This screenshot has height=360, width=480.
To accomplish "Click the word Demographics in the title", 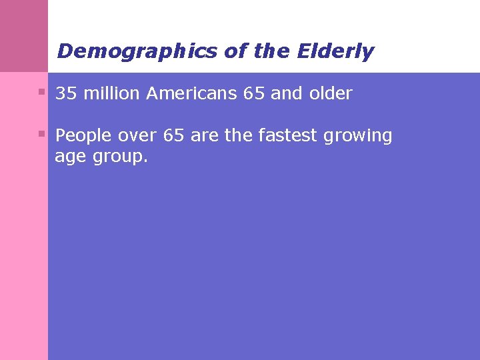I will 137,51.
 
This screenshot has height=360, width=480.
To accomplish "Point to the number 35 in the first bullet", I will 65,94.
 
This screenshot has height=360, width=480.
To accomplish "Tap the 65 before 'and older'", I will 254,94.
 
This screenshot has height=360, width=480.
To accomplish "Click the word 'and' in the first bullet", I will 287,94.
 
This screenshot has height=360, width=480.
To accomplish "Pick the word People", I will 84,136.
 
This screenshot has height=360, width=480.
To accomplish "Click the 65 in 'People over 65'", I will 173,136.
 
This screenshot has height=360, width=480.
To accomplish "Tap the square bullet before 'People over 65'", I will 42,133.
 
